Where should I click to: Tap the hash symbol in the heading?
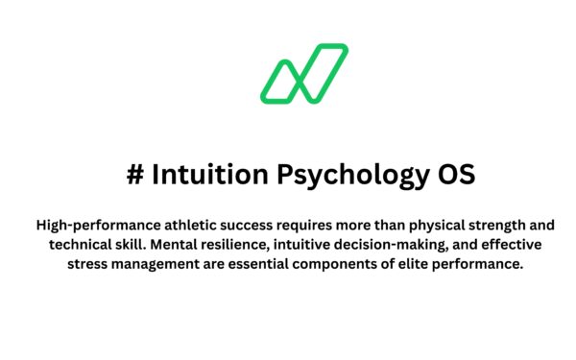(x=135, y=176)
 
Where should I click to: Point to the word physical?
(x=434, y=226)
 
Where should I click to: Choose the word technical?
(x=83, y=245)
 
